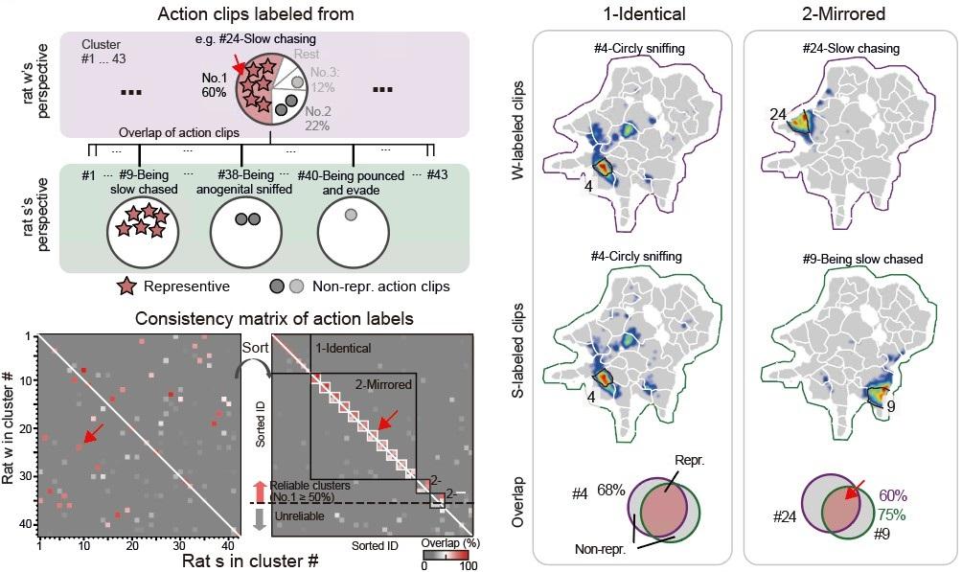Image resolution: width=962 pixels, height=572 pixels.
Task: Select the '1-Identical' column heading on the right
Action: point(632,14)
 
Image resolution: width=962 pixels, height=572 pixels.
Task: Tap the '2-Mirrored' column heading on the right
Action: point(842,14)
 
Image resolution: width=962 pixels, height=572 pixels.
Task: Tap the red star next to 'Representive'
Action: point(126,286)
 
